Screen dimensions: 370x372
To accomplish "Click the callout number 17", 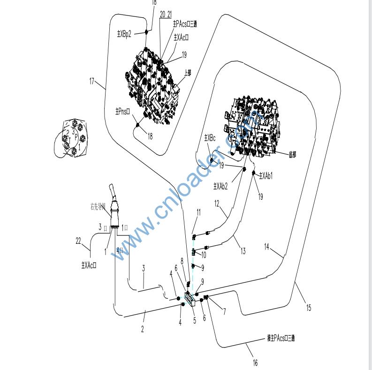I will click(x=92, y=81).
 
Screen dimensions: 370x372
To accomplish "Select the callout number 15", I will click(x=308, y=308).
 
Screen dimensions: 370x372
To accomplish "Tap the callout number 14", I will click(x=267, y=247).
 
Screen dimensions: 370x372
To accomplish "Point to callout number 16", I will click(x=256, y=362).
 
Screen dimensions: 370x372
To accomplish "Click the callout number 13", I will click(x=243, y=251).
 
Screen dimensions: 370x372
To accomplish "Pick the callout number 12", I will click(x=216, y=204).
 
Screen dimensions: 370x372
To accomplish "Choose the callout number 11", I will click(x=198, y=212).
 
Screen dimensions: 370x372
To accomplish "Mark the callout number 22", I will click(x=78, y=241).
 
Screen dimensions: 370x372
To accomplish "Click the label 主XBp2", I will click(x=124, y=33).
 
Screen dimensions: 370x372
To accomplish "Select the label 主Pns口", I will click(x=122, y=112).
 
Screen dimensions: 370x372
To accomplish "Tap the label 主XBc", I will click(x=210, y=138).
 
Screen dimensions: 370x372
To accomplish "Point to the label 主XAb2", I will click(x=220, y=186).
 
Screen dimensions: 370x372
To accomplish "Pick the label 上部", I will click(x=188, y=73).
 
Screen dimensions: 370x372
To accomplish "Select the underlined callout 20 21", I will click(x=165, y=15).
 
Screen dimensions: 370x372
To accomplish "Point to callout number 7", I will click(x=224, y=311).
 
